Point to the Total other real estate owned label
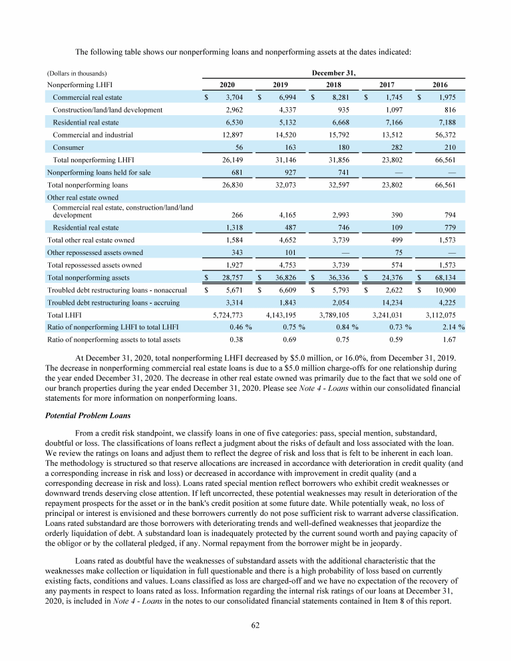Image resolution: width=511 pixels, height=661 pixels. coord(91,240)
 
